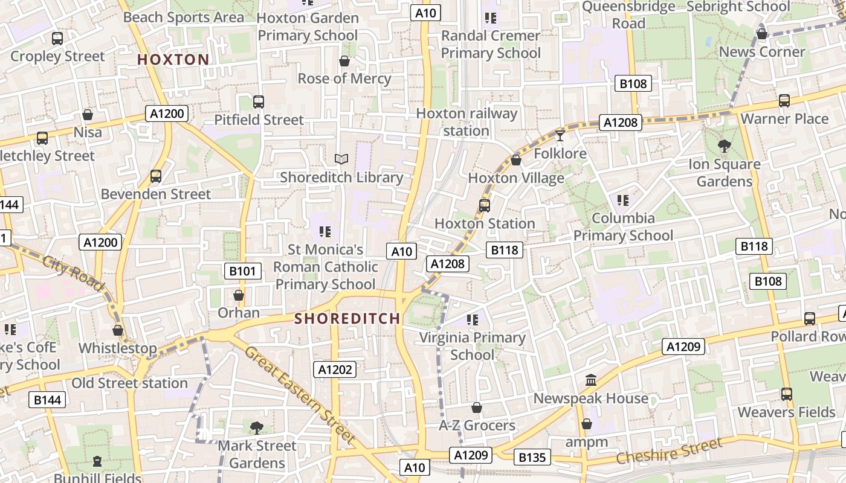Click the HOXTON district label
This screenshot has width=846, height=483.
tap(173, 60)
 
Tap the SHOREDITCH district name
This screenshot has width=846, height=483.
tap(347, 319)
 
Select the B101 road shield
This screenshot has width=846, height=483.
tap(242, 271)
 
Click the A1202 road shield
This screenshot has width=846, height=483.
tap(335, 369)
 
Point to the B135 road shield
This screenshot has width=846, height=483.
tap(532, 458)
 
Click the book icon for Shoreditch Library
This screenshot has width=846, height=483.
tap(341, 159)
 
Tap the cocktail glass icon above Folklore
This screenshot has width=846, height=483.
tap(560, 135)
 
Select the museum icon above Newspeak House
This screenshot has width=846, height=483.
tap(591, 380)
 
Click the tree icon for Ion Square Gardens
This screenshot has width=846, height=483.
tap(724, 146)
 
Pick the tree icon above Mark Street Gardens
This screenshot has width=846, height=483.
tap(257, 427)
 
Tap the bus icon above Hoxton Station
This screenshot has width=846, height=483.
tap(485, 205)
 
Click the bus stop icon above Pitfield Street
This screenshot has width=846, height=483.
tap(259, 101)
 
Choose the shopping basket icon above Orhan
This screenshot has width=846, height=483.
tap(239, 295)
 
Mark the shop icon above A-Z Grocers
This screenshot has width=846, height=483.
tap(477, 408)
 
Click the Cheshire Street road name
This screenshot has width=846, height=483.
tap(669, 452)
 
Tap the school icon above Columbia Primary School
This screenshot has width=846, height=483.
tap(623, 200)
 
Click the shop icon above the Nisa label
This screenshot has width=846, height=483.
tap(88, 114)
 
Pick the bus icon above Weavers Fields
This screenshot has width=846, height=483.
tap(786, 394)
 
